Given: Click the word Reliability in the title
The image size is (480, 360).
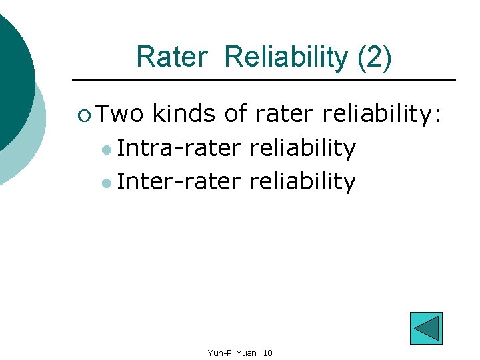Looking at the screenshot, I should (x=286, y=57).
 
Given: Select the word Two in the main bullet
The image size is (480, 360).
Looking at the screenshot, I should (x=119, y=114).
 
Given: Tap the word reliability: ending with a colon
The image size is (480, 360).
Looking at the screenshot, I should (x=382, y=114).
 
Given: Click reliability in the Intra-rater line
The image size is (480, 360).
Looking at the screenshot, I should (x=302, y=148).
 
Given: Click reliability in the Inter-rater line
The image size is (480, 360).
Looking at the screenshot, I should (x=302, y=181).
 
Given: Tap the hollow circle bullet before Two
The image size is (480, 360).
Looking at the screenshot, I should (x=83, y=115).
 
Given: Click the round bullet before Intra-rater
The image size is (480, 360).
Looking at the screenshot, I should (x=107, y=150).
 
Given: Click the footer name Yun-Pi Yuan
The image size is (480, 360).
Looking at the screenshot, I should (x=231, y=352).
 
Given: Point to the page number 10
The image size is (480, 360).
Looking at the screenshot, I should (x=267, y=352).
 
